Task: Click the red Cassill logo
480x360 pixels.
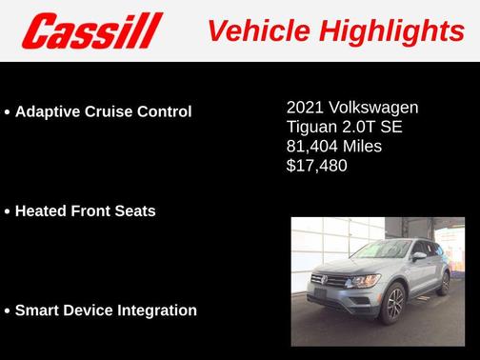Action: click(x=93, y=30)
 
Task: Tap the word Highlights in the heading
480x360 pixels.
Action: click(x=390, y=30)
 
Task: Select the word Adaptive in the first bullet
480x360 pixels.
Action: click(x=48, y=111)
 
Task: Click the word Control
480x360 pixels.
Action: click(x=166, y=111)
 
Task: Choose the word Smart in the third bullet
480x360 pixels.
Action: click(x=38, y=310)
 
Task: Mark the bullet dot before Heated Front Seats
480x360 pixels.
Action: click(x=8, y=211)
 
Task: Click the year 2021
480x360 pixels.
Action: click(x=305, y=107)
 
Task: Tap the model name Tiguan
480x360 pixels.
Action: click(x=310, y=127)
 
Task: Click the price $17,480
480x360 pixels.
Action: click(x=316, y=166)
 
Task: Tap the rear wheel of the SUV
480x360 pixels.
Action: click(x=445, y=282)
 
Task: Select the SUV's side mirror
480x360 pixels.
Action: click(x=418, y=255)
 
